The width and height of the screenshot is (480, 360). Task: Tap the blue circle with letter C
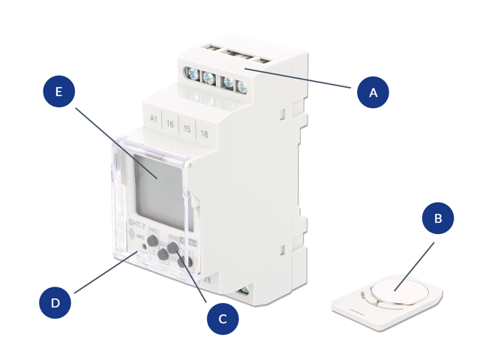(x=222, y=318)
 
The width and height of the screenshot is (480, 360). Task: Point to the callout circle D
(x=54, y=304)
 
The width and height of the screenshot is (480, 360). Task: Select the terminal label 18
(x=204, y=133)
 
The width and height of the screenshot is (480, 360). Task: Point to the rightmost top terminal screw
(x=242, y=85)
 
